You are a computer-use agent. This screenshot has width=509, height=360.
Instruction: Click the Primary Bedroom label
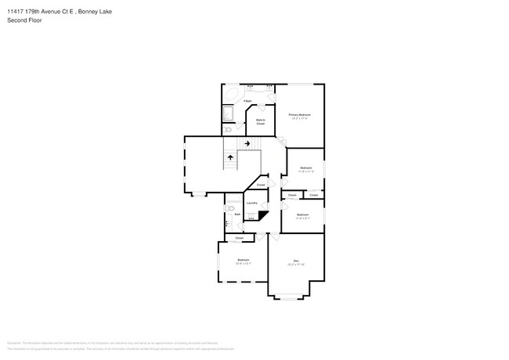tap(300, 116)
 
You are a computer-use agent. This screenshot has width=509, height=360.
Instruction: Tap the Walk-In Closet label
tap(260, 122)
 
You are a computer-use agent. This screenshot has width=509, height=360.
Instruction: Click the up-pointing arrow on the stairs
tap(231, 157)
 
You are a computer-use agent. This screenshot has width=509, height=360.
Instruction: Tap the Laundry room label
tap(252, 203)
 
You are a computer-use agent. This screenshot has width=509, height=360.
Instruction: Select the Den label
tap(296, 261)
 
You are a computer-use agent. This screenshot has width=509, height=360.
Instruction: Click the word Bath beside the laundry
tap(237, 214)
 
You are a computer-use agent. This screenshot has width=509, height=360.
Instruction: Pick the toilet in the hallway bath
tap(231, 208)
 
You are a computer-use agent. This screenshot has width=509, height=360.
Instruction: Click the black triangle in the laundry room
tap(263, 215)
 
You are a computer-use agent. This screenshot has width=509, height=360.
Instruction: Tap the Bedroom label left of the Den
tap(244, 261)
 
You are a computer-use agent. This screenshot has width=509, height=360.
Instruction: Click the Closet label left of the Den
tap(239, 238)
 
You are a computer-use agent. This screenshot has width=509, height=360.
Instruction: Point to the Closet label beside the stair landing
tap(260, 185)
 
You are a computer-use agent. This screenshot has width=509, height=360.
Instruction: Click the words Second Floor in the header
tap(24, 20)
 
